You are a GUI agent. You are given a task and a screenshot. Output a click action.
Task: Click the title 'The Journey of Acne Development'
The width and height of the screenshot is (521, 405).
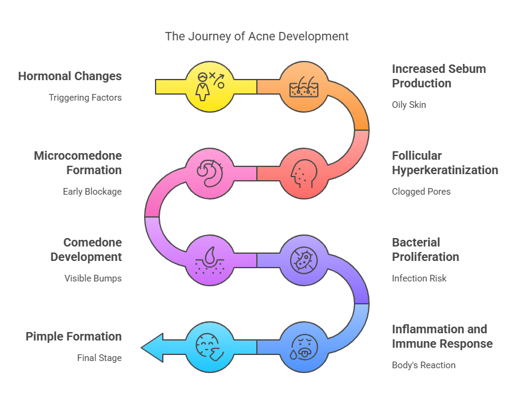[x=257, y=36]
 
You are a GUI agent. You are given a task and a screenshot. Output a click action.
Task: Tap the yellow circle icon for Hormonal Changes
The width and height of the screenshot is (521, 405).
[x=210, y=87]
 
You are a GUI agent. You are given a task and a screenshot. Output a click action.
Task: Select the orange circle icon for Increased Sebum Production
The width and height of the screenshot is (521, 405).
[x=305, y=87]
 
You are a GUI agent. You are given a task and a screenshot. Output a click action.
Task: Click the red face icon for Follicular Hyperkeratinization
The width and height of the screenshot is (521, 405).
[x=305, y=174]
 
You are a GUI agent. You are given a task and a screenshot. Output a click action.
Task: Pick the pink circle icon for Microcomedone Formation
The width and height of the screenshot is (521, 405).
[x=210, y=174]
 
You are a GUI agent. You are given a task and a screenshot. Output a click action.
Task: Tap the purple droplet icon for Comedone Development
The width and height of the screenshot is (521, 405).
[x=210, y=260]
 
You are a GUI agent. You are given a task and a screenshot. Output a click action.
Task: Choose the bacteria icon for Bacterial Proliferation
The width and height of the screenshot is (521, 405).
[x=305, y=260]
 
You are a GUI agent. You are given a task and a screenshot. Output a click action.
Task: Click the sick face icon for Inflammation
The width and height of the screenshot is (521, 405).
[x=305, y=347]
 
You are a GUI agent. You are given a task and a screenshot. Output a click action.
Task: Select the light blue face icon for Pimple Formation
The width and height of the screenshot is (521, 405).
[x=210, y=347]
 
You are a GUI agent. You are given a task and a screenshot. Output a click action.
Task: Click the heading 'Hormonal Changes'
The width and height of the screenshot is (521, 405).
[x=70, y=76]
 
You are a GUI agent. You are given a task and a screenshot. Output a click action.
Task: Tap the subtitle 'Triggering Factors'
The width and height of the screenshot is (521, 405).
[x=85, y=97]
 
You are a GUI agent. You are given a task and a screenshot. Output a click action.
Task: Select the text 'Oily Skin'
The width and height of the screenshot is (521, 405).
[x=409, y=104]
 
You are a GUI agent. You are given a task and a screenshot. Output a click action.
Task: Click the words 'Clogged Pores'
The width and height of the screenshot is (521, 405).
[x=421, y=191]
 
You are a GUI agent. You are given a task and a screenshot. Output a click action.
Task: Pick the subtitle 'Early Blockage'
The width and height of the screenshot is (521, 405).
[x=92, y=191]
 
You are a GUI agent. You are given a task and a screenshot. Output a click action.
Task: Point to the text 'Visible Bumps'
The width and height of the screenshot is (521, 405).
[x=93, y=278]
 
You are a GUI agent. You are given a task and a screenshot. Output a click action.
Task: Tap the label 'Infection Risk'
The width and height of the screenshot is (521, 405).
[x=419, y=278]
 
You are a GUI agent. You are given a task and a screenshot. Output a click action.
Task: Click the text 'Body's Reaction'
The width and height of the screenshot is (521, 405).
[x=423, y=365]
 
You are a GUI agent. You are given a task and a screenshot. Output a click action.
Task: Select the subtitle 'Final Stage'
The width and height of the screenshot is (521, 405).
[x=99, y=357]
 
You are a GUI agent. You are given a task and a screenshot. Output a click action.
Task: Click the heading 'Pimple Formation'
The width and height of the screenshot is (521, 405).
[x=74, y=336]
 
